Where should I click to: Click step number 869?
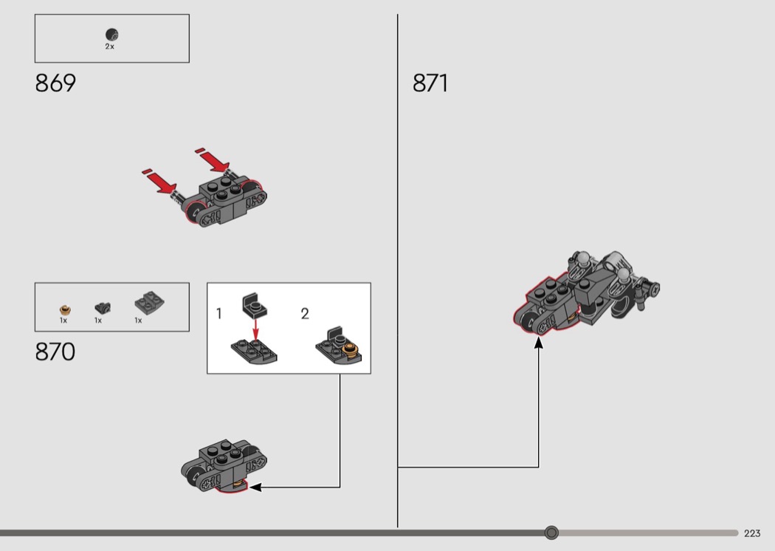pos(55,83)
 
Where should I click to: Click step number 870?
pos(55,352)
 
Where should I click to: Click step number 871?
pos(430,83)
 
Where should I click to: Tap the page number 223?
pos(752,533)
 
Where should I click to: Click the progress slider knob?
pos(551,533)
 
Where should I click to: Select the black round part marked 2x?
pos(111,35)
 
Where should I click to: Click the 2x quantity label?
pos(109,47)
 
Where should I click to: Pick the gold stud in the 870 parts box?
pos(65,310)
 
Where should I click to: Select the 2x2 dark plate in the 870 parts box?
pos(149,302)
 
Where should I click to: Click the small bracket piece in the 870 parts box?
pos(103,308)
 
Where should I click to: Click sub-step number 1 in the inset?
pos(219,314)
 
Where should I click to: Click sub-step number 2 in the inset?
pos(305,314)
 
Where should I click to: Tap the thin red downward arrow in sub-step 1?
pos(255,329)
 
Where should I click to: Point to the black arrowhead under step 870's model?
pos(255,487)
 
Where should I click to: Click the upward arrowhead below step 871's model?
pos(539,343)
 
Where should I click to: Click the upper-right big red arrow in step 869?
pos(213,160)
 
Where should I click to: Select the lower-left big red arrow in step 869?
pos(159,182)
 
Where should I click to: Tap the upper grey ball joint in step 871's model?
pos(584,257)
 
